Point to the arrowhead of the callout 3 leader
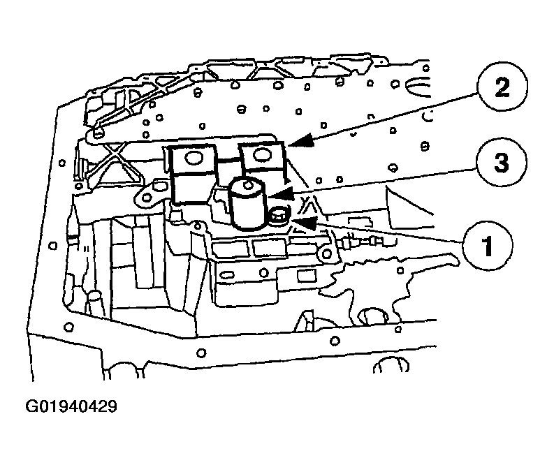277,195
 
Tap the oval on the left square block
191,157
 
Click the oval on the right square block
262,153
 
